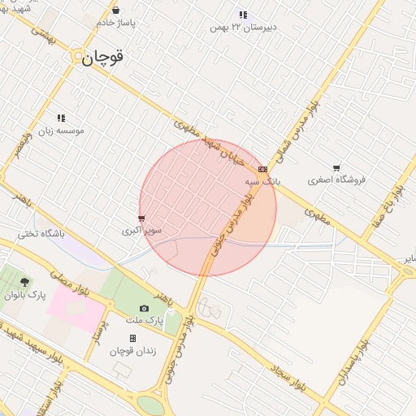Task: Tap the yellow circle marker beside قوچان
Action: pyautogui.click(x=79, y=57)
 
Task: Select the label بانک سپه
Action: pyautogui.click(x=262, y=182)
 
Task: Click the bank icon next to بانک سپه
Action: pyautogui.click(x=262, y=169)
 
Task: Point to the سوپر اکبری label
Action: pyautogui.click(x=142, y=231)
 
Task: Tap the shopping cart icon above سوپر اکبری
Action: pyautogui.click(x=142, y=219)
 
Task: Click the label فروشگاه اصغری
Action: pyautogui.click(x=337, y=179)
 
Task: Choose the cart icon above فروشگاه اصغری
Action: pyautogui.click(x=337, y=167)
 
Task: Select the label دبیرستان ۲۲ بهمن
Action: pyautogui.click(x=242, y=27)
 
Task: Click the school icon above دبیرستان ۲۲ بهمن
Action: pyautogui.click(x=242, y=15)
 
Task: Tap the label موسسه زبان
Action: pyautogui.click(x=61, y=131)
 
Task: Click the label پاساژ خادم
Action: pyautogui.click(x=116, y=23)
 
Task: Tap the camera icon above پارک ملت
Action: pyautogui.click(x=145, y=308)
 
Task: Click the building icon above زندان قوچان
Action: pyautogui.click(x=132, y=338)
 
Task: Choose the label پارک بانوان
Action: pyautogui.click(x=25, y=295)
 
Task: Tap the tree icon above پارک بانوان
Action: pyautogui.click(x=25, y=282)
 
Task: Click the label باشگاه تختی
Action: pyautogui.click(x=41, y=234)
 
